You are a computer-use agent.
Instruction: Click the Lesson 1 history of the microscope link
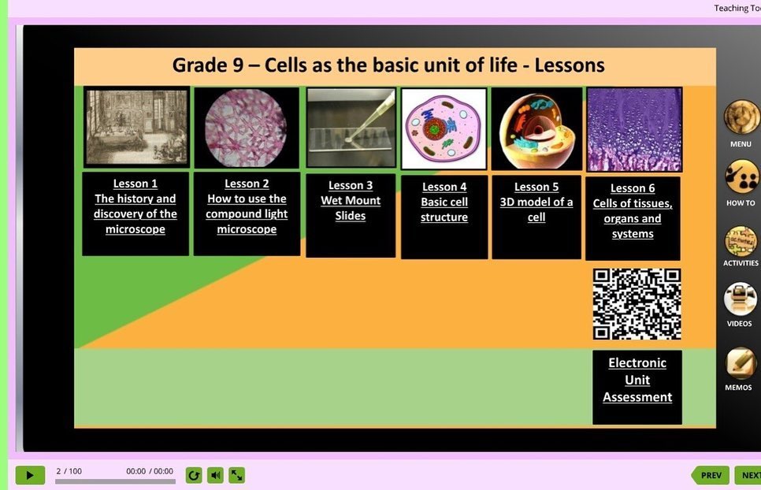click(x=135, y=206)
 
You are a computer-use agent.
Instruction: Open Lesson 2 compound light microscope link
click(x=247, y=206)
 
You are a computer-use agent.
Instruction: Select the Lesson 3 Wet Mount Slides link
click(x=351, y=200)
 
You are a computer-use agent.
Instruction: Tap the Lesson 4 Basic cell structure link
click(x=444, y=202)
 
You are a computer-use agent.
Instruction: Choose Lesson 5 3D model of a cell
click(x=536, y=202)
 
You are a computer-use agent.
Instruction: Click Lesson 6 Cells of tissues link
click(x=633, y=210)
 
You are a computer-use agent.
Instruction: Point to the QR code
click(x=637, y=304)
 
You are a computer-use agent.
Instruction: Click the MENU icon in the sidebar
click(x=741, y=117)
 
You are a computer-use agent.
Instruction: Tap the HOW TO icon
click(x=741, y=177)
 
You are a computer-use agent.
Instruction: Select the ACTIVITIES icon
click(x=741, y=240)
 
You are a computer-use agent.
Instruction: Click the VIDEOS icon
click(x=740, y=299)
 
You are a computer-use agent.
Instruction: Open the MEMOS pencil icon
click(x=741, y=363)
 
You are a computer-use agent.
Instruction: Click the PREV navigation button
click(x=710, y=476)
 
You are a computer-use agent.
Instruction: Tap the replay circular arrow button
click(x=194, y=476)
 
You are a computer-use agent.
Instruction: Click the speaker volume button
click(x=216, y=476)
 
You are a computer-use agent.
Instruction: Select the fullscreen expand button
click(x=237, y=476)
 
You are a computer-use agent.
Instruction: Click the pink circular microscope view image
click(x=246, y=128)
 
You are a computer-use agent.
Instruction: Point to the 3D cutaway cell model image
click(x=536, y=129)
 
